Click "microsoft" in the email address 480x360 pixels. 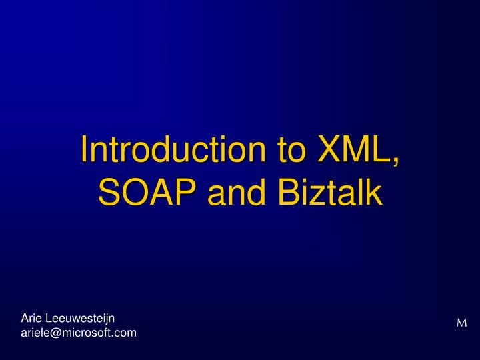tap(89, 332)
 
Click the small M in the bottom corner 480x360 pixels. tap(461, 323)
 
